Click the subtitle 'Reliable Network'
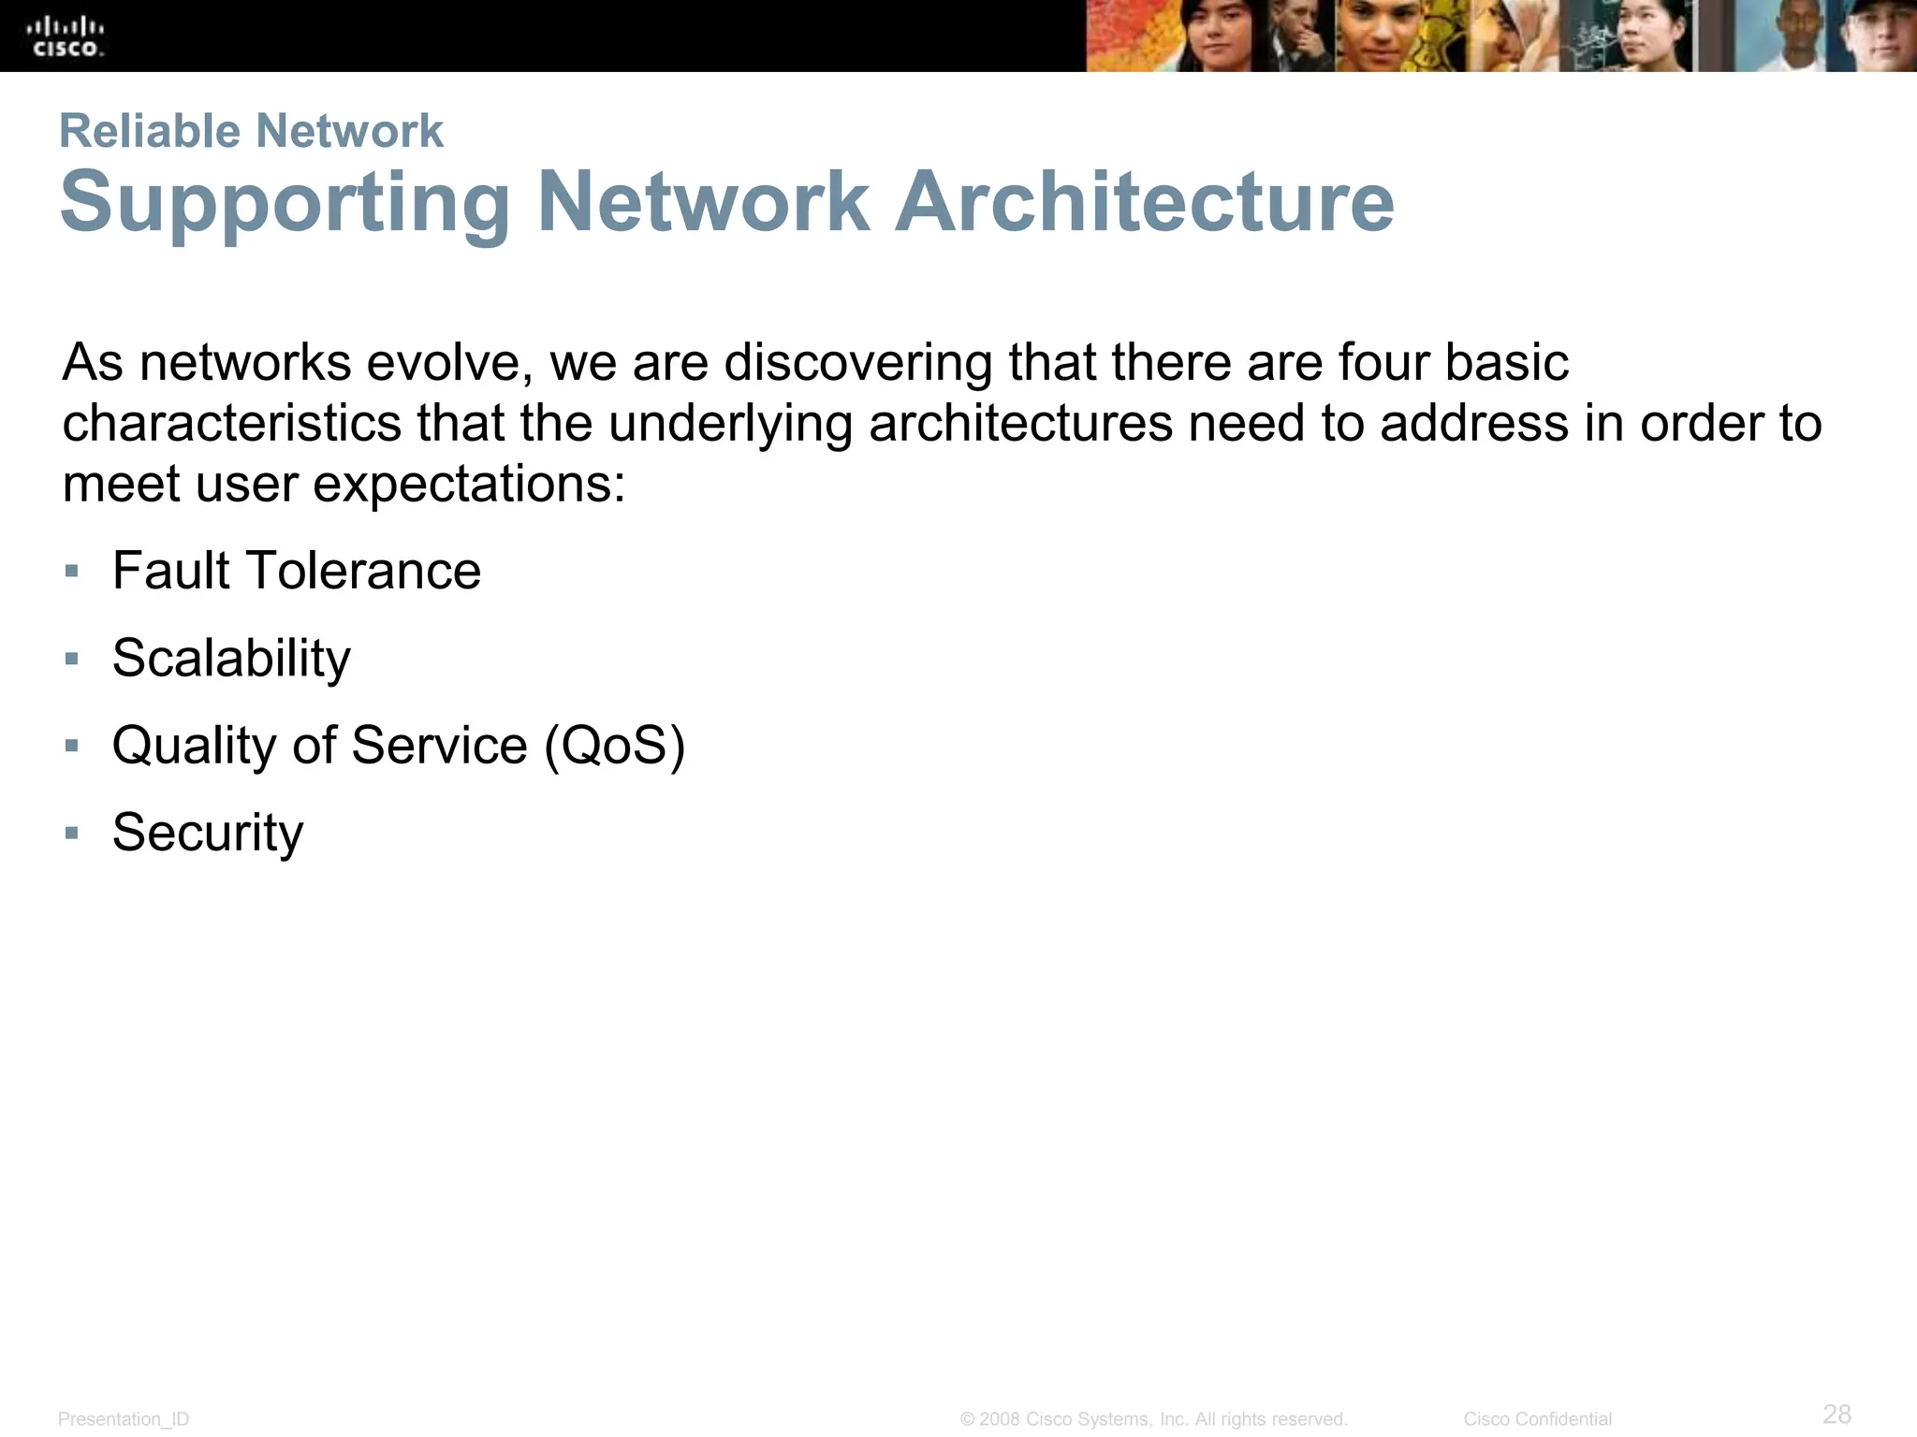(251, 131)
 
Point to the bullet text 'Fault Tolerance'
(296, 571)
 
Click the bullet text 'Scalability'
(231, 658)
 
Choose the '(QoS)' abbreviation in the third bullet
(615, 746)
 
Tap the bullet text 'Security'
(208, 833)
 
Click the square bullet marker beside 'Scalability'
(72, 659)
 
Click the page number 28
(1837, 1414)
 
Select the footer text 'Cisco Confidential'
(1537, 1419)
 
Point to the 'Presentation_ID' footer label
(124, 1419)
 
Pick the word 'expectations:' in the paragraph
(468, 485)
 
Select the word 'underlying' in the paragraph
(730, 424)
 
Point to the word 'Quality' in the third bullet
(195, 746)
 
